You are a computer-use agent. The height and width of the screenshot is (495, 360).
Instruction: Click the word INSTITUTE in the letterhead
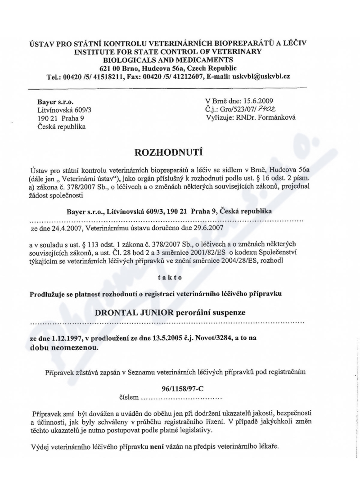point(91,52)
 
